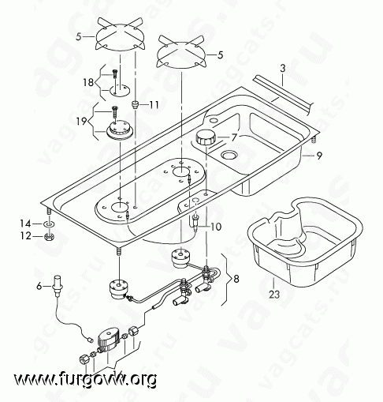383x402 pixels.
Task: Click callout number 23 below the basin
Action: coord(274,294)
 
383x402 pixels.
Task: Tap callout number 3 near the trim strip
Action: coord(283,69)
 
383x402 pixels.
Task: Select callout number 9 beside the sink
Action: coord(319,156)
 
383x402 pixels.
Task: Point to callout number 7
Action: coord(234,137)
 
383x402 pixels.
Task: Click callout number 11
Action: coord(154,104)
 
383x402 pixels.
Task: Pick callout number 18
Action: coord(88,82)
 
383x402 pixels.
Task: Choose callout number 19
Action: coord(82,122)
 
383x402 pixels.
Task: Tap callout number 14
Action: coord(26,224)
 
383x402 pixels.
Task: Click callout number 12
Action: coord(26,236)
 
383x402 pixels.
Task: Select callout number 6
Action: coord(39,286)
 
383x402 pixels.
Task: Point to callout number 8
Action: coord(236,279)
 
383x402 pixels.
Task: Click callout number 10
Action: coord(216,227)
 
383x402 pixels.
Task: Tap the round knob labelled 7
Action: coord(206,137)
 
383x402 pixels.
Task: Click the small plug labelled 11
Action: coord(135,104)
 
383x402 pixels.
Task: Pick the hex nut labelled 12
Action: coord(49,236)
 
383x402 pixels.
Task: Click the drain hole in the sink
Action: coord(229,156)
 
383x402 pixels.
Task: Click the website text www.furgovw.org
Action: coord(86,380)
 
